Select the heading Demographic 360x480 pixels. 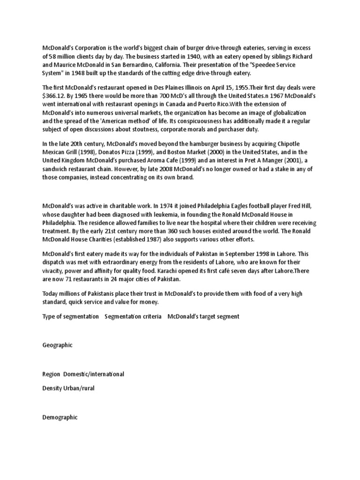coord(60,417)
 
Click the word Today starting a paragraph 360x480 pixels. coord(50,293)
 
